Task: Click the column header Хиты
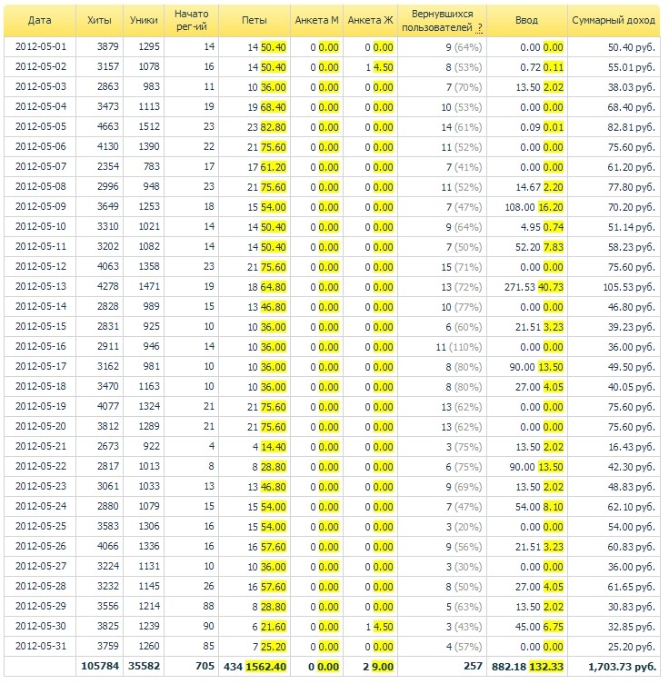[94, 19]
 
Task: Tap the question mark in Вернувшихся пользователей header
[479, 28]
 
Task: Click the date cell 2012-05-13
[35, 287]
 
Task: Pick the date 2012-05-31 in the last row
[35, 646]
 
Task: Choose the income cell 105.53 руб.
[628, 287]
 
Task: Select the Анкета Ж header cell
[371, 19]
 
